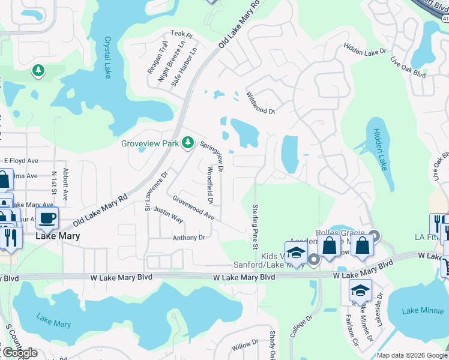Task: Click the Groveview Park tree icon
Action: pyautogui.click(x=188, y=142)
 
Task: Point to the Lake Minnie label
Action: pyautogui.click(x=418, y=310)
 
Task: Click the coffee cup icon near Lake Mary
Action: pyautogui.click(x=47, y=218)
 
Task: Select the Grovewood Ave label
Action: pyautogui.click(x=193, y=207)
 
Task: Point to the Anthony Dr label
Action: pyautogui.click(x=189, y=238)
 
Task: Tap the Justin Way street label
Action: pyautogui.click(x=168, y=214)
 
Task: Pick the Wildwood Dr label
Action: pyautogui.click(x=261, y=103)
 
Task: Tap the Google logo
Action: pyautogui.click(x=20, y=353)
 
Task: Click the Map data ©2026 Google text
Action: pyautogui.click(x=412, y=355)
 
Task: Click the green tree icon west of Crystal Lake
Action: pyautogui.click(x=38, y=71)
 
